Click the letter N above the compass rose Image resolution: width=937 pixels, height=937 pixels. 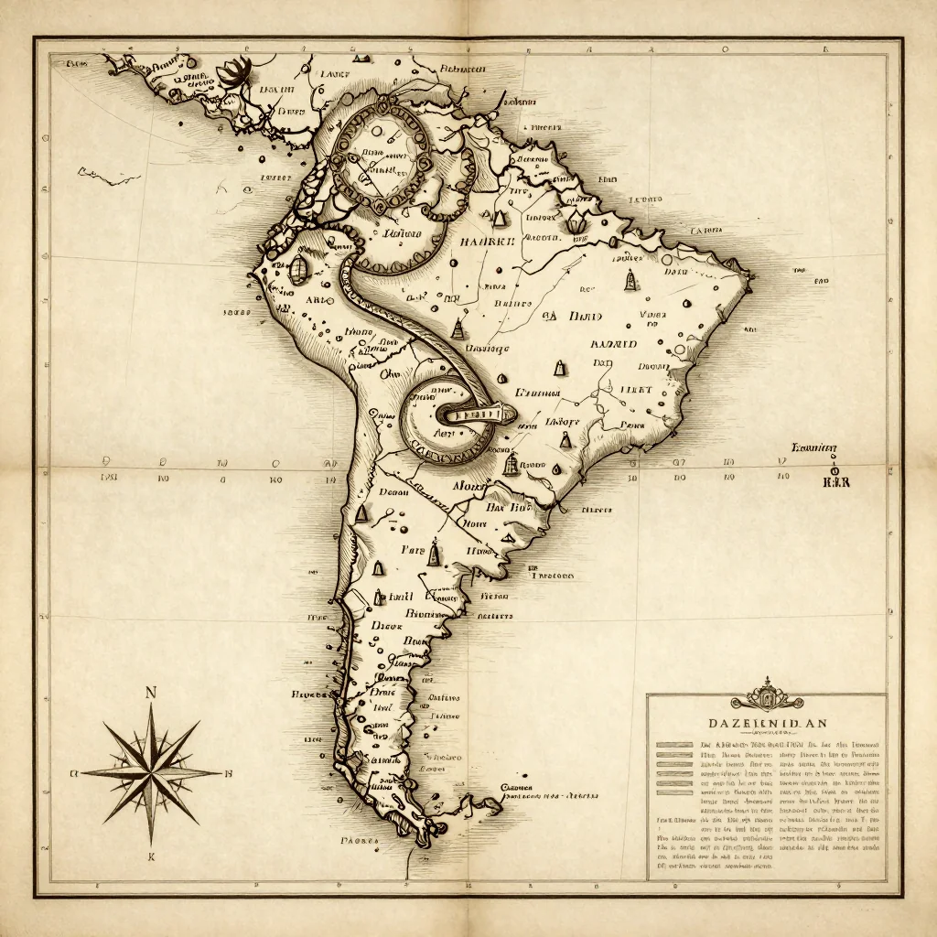pos(150,692)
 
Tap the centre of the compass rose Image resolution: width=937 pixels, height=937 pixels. pos(151,770)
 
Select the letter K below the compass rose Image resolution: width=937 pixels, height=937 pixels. pos(151,857)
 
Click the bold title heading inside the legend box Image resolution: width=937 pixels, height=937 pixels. pos(761,722)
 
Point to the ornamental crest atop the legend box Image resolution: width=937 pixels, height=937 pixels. pos(767,696)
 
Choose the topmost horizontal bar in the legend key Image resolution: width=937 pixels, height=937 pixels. pos(674,743)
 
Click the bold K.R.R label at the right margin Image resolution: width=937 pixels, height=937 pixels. pos(836,481)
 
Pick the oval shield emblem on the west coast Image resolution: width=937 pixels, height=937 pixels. pos(298,268)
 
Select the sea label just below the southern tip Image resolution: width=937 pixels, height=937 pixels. pos(358,838)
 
